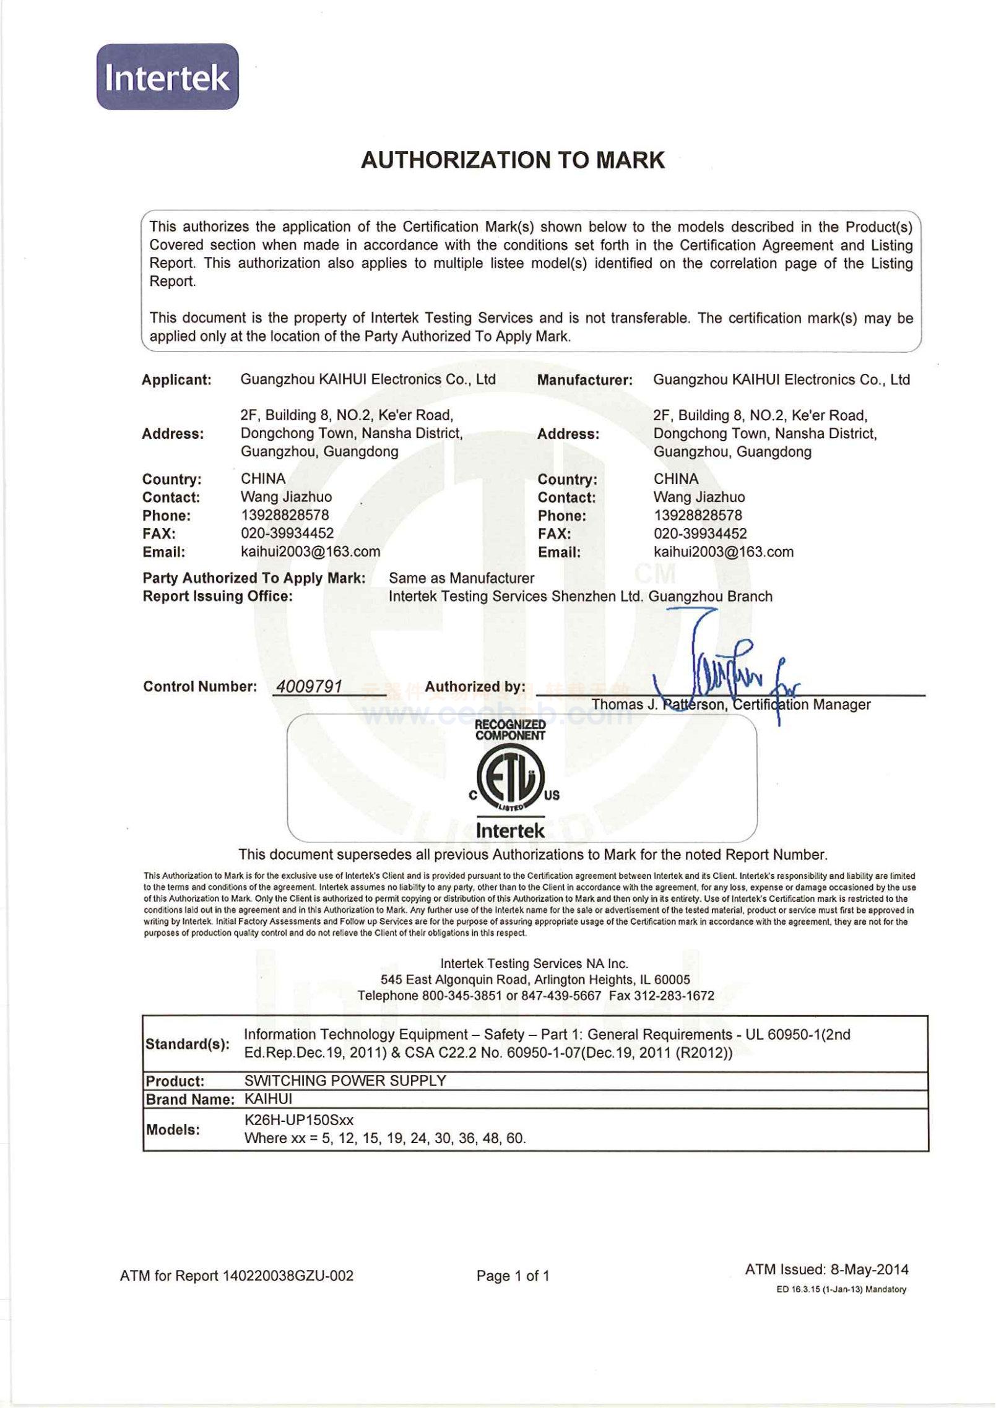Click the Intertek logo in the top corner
[x=167, y=77]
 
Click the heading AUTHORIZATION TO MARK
[x=513, y=160]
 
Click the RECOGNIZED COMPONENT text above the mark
[x=510, y=730]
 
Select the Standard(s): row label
[x=187, y=1044]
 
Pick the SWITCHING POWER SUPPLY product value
[x=345, y=1081]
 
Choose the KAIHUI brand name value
[x=268, y=1099]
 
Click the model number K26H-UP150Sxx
[x=299, y=1120]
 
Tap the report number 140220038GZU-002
[x=288, y=1276]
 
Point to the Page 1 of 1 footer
[x=513, y=1276]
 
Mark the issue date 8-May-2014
[x=869, y=1270]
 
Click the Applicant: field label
[x=176, y=380]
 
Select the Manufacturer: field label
[x=585, y=381]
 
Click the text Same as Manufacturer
[x=461, y=579]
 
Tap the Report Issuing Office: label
[x=217, y=597]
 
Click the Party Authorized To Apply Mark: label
[x=254, y=579]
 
